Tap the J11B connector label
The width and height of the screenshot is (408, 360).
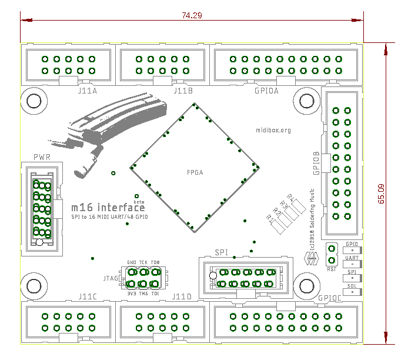click(x=183, y=91)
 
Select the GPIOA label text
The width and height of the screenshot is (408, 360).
click(x=266, y=91)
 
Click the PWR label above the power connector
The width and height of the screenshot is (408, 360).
click(x=42, y=158)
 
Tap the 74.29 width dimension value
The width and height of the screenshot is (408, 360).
click(x=192, y=16)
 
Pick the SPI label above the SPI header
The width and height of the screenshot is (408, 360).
click(x=221, y=252)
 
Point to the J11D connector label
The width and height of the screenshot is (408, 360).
click(x=182, y=296)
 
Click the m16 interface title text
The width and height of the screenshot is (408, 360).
click(x=108, y=207)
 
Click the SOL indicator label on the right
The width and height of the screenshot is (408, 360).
click(x=352, y=285)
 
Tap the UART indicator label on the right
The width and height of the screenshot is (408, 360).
click(x=352, y=258)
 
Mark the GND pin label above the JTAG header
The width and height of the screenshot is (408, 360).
click(x=131, y=263)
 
